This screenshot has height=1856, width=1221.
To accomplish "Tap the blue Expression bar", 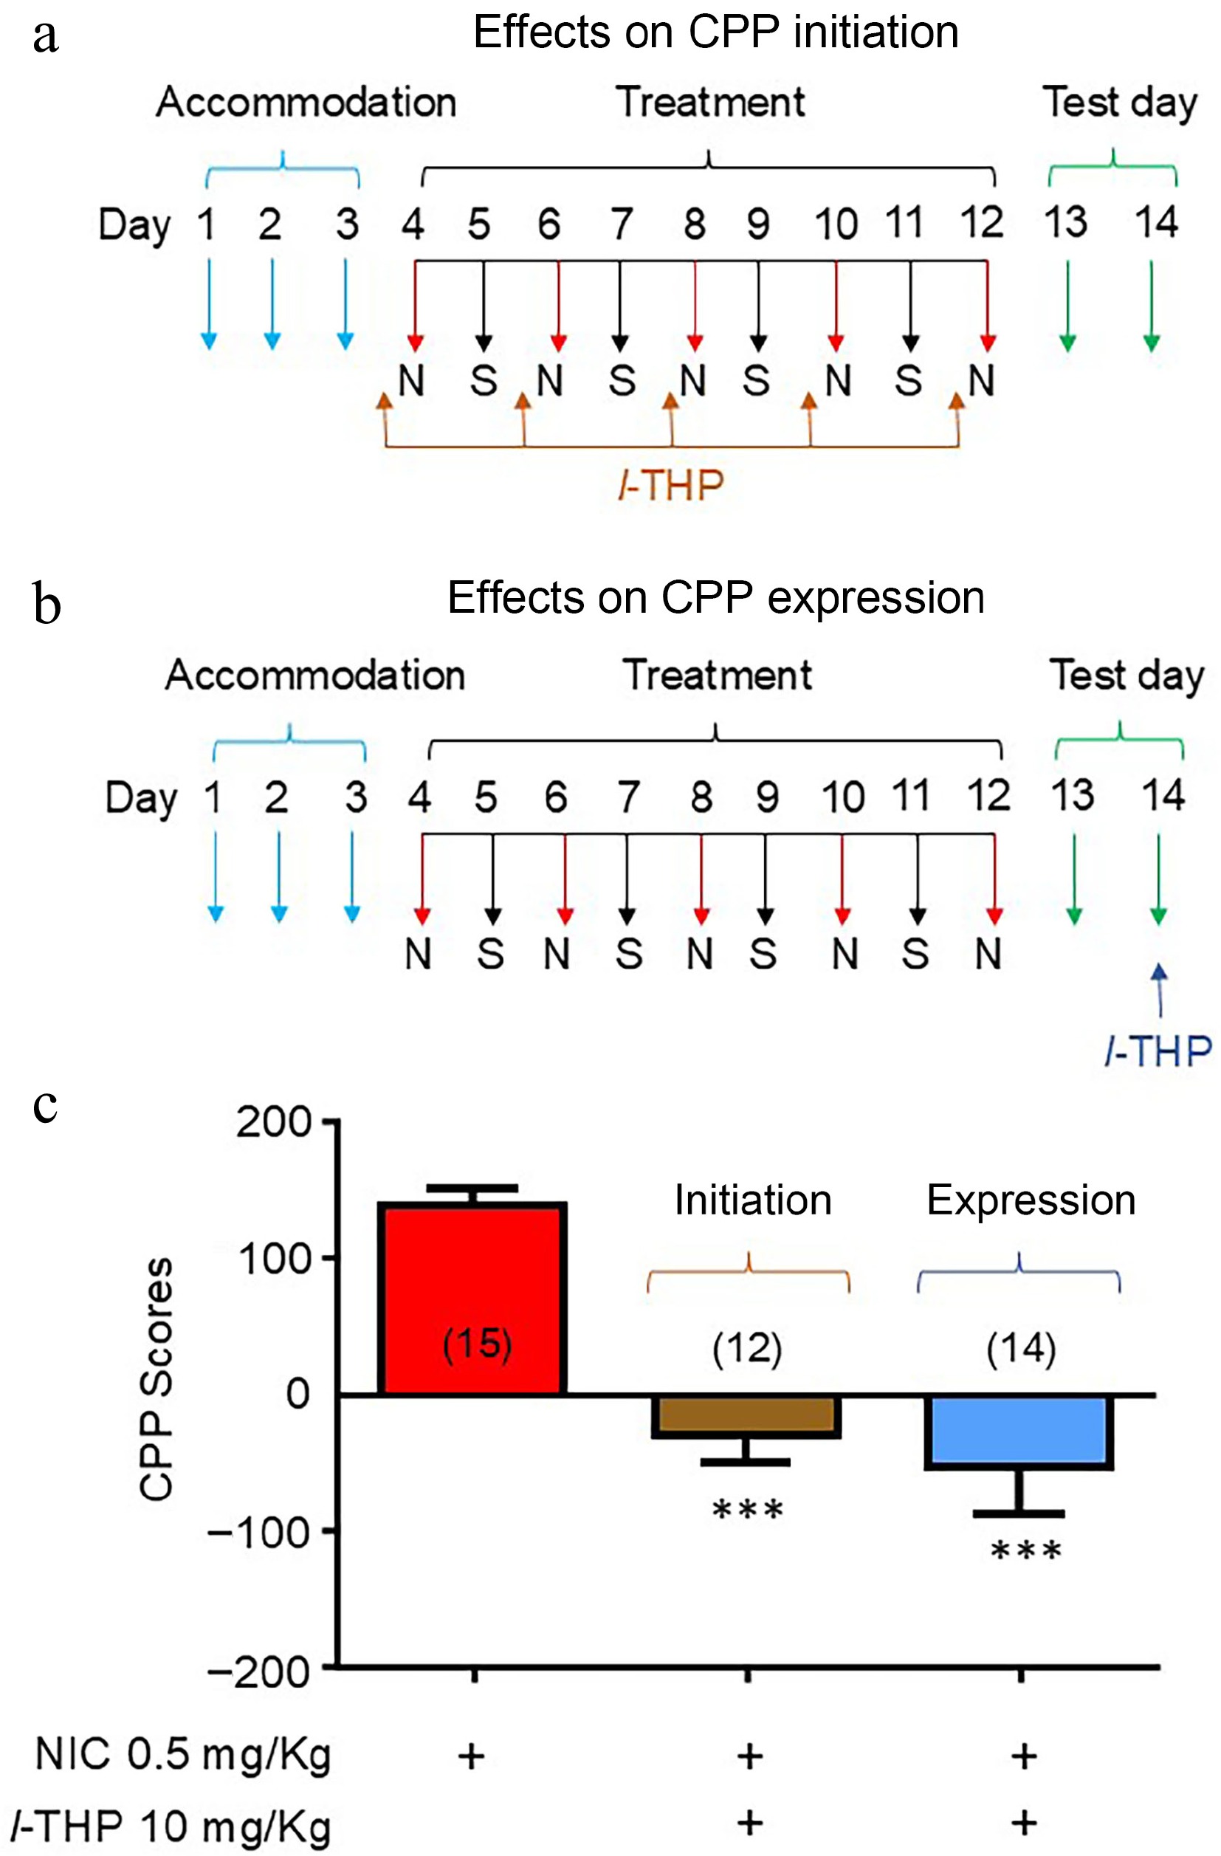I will click(1019, 1432).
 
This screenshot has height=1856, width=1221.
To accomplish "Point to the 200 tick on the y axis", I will click(275, 1123).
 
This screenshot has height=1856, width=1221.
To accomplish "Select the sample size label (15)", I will click(477, 1344).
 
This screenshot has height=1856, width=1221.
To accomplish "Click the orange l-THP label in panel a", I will click(671, 486).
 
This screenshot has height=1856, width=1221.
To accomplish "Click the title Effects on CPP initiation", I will click(716, 32).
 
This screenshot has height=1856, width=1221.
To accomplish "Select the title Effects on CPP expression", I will click(716, 598).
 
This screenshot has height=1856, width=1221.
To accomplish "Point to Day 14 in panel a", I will click(1156, 222).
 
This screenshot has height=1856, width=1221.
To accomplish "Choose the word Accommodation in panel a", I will click(306, 102).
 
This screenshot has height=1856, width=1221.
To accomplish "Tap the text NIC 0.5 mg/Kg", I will click(183, 1756).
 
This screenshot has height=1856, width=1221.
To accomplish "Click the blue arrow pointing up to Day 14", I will click(1160, 989).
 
